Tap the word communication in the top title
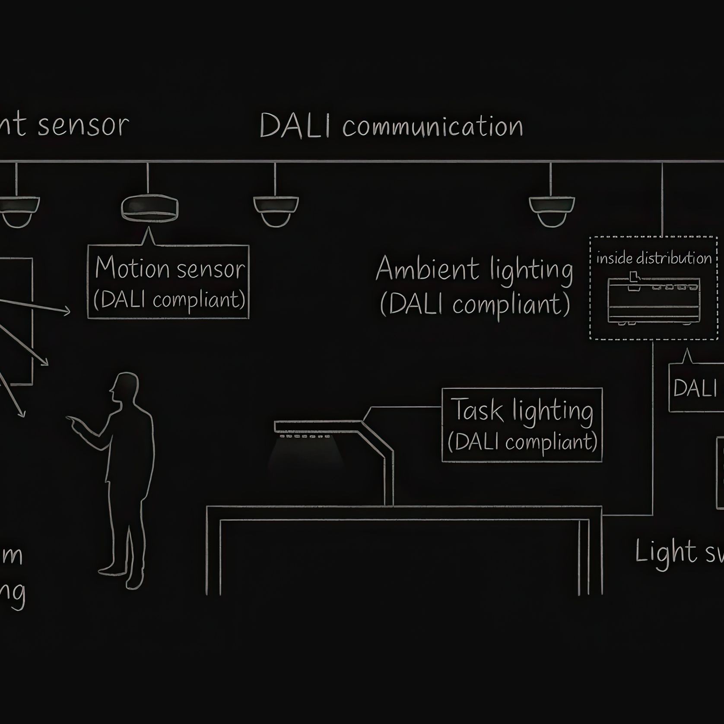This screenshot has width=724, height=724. click(x=433, y=127)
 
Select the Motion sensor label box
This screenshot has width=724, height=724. click(x=168, y=282)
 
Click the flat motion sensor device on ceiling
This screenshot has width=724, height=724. click(x=149, y=208)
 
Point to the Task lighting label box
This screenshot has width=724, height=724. click(x=522, y=425)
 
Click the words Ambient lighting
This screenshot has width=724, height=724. click(x=474, y=270)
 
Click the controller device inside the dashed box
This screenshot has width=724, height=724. click(x=654, y=300)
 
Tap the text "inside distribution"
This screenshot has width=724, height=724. click(x=654, y=258)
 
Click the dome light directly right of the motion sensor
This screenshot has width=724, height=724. click(x=276, y=210)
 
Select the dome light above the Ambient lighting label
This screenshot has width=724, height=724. click(x=552, y=210)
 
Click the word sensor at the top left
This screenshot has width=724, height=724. click(x=83, y=125)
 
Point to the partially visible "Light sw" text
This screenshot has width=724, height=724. click(x=678, y=553)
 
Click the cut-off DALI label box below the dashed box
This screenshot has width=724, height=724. click(x=695, y=388)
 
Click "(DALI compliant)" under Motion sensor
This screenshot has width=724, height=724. click(x=169, y=300)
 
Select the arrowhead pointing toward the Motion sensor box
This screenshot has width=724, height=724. click(x=67, y=311)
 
